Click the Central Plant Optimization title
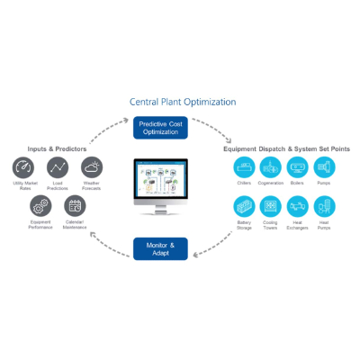point(183,103)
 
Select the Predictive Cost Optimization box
point(161,126)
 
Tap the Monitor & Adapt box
point(161,247)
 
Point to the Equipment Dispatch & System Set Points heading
point(286,148)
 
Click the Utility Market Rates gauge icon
point(24,167)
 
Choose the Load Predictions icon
point(58,167)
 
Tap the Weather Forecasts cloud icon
point(91,167)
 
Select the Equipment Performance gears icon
point(40,206)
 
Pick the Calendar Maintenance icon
point(75,206)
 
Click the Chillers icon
point(244,167)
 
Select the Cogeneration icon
point(271,167)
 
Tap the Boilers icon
point(297,167)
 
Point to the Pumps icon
point(323,167)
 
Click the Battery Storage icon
point(244,206)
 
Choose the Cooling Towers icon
point(271,206)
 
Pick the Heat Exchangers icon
point(297,206)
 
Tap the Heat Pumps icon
point(323,206)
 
